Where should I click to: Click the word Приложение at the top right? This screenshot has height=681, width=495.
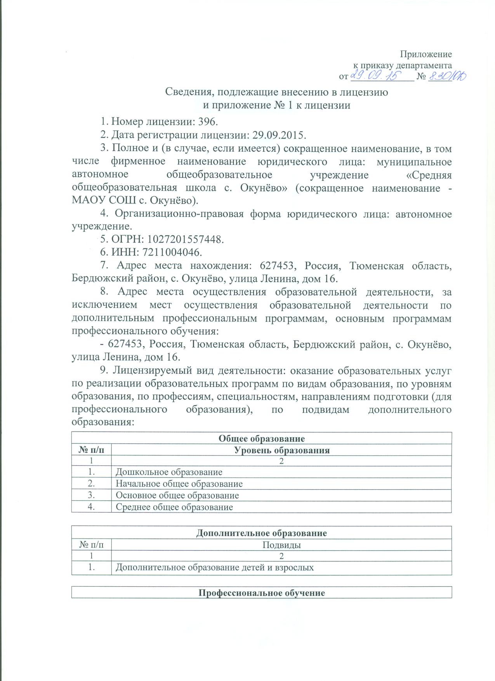click(426, 54)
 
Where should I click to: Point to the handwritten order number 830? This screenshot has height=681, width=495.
click(446, 76)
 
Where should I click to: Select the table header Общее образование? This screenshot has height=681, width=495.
click(261, 438)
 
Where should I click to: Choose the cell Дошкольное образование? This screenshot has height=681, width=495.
click(169, 472)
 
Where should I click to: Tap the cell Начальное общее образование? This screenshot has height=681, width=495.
click(179, 484)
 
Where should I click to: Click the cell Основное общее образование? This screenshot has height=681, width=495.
click(177, 496)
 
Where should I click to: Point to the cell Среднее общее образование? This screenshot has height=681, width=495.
click(174, 507)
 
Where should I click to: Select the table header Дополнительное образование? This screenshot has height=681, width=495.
click(261, 533)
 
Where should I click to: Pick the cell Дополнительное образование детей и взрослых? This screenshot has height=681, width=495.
click(215, 568)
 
